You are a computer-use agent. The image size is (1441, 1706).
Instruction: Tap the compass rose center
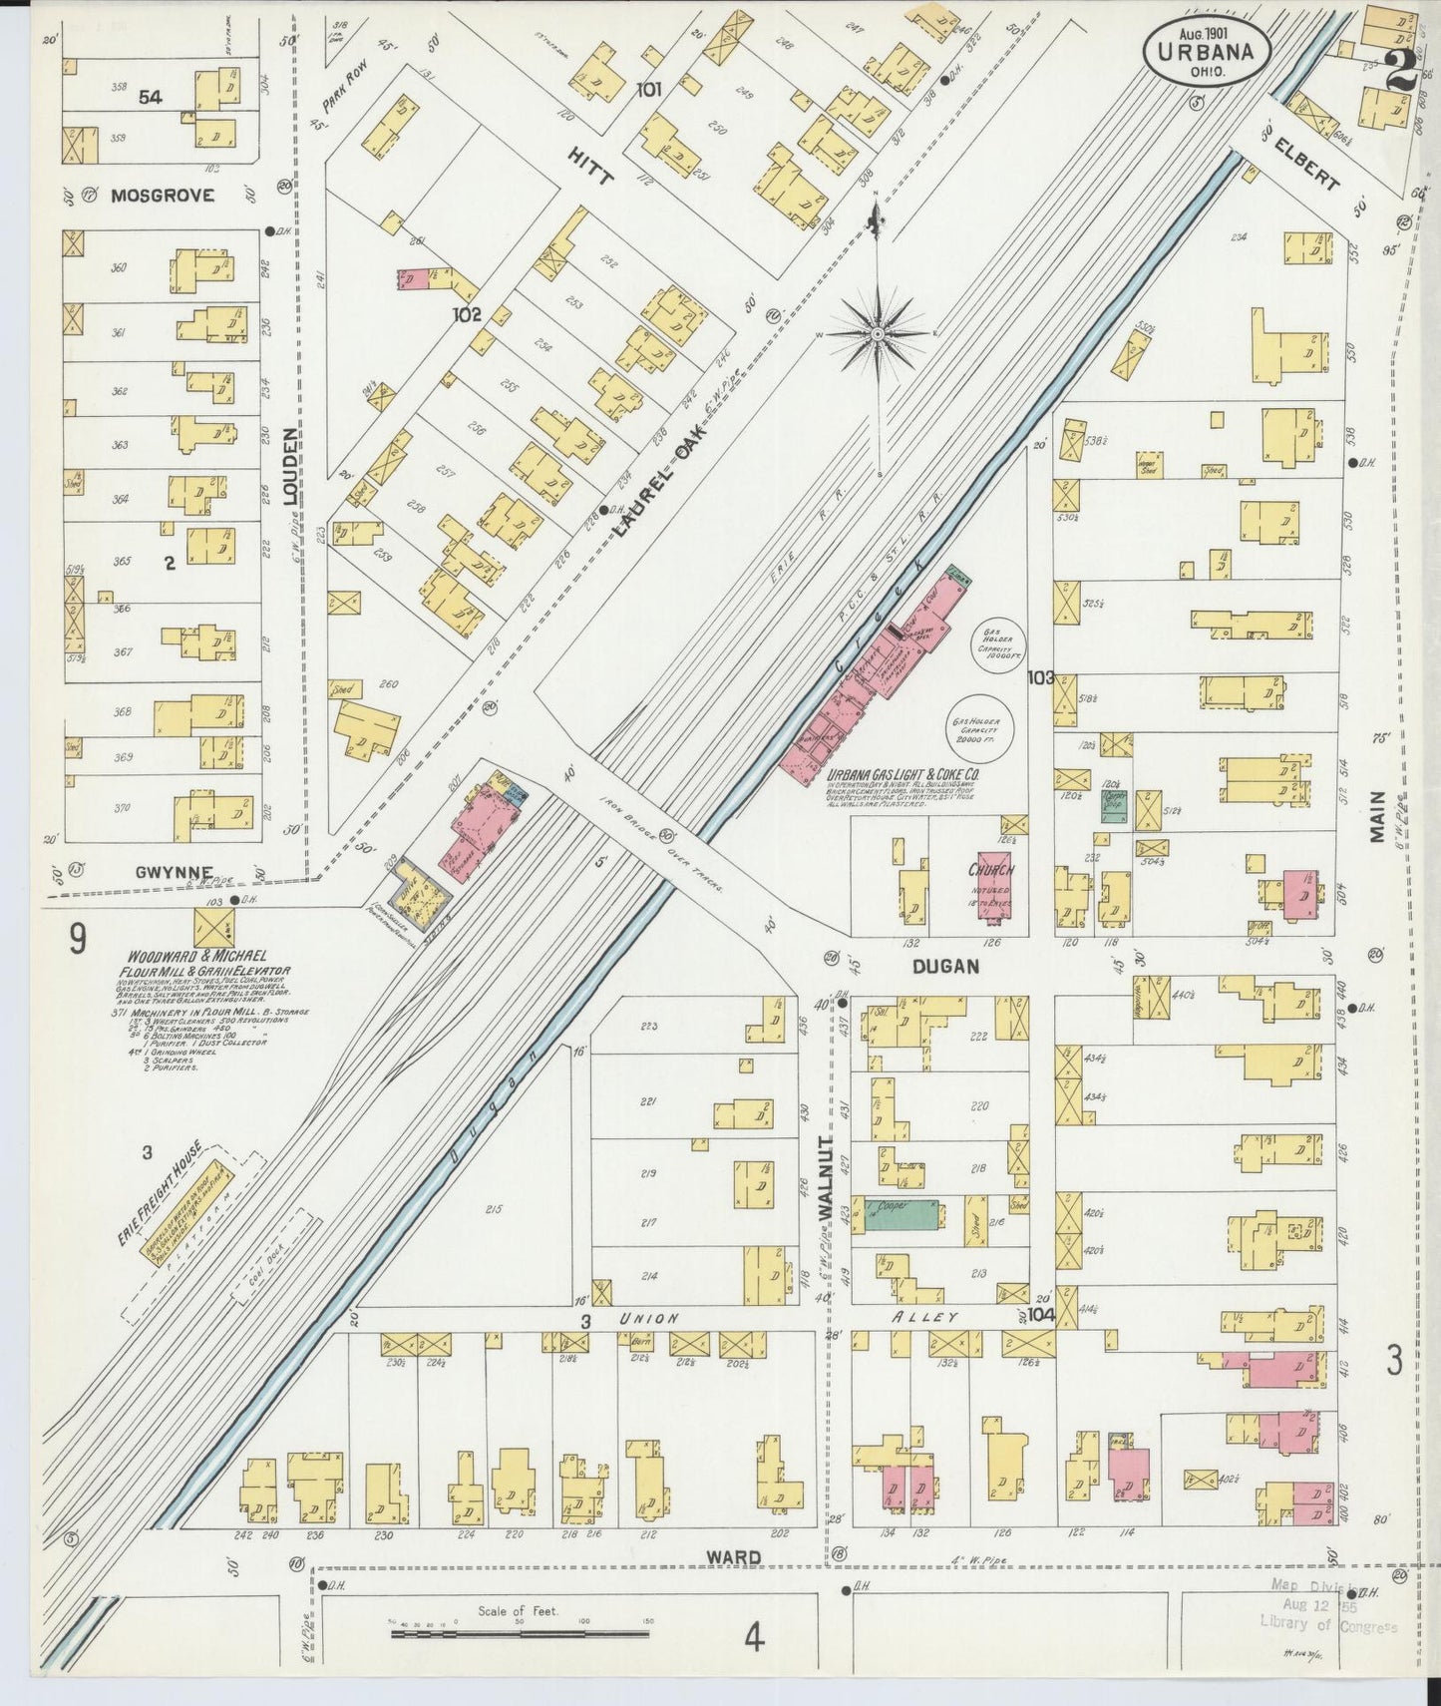pyautogui.click(x=877, y=332)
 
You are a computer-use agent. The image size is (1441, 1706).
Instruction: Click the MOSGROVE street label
pyautogui.click(x=162, y=196)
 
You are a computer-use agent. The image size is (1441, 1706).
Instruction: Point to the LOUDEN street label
pyautogui.click(x=289, y=466)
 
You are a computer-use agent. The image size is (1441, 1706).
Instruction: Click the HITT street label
pyautogui.click(x=592, y=166)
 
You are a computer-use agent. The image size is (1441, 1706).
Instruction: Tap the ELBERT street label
pyautogui.click(x=1306, y=165)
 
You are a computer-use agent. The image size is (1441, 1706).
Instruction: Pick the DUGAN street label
pyautogui.click(x=944, y=966)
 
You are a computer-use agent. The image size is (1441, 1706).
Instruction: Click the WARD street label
pyautogui.click(x=734, y=1557)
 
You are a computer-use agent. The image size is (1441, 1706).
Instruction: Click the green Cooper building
pyautogui.click(x=901, y=1214)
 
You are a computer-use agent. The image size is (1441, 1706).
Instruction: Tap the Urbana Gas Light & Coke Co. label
pyautogui.click(x=902, y=773)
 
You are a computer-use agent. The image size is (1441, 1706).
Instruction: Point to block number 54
pyautogui.click(x=151, y=96)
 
